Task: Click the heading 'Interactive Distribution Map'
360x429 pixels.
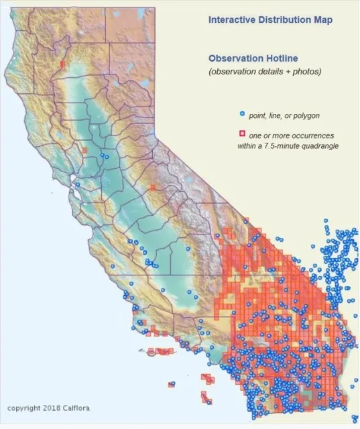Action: point(270,20)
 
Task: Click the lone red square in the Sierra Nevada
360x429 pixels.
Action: point(154,188)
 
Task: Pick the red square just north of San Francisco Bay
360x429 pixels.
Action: point(84,151)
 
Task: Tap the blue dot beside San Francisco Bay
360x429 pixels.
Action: point(78,184)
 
